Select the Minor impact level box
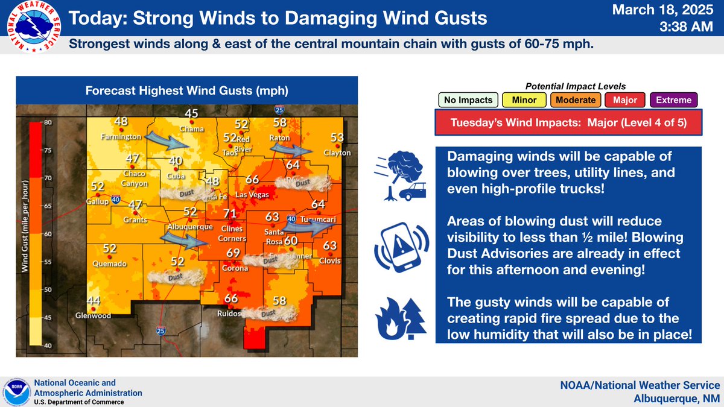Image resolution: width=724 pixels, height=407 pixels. pos(524,100)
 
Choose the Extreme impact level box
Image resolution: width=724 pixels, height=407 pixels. pos(675,100)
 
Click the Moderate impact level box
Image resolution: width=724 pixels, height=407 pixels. pos(576,100)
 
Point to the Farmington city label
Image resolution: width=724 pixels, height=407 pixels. pos(121,137)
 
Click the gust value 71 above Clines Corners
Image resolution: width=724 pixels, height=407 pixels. pos(229,214)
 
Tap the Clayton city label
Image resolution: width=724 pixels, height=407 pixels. pos(337,153)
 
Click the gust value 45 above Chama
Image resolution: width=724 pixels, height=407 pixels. pos(191,113)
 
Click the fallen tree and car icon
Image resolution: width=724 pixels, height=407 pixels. pos(400,176)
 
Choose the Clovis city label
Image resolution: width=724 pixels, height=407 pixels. pos(331,260)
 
